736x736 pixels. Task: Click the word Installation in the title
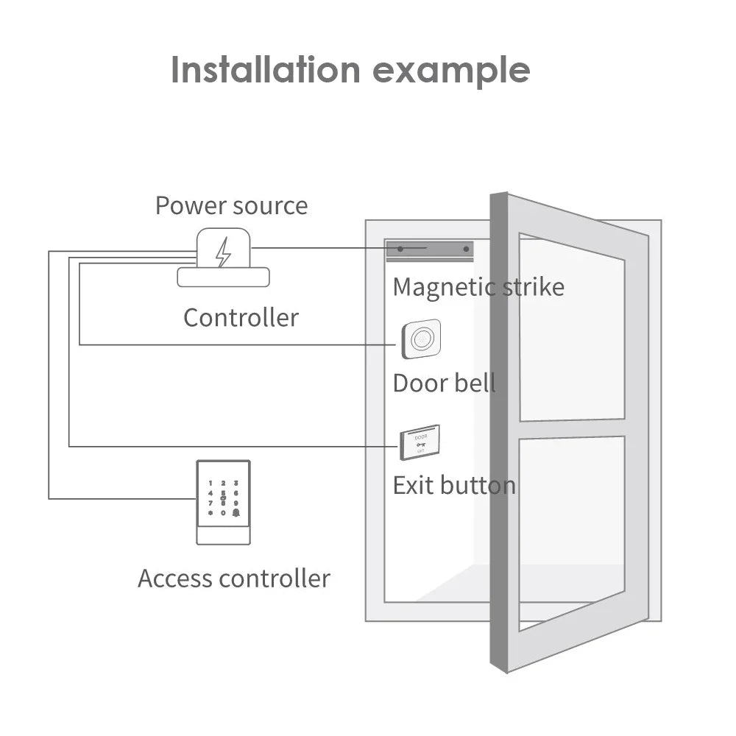pyautogui.click(x=266, y=70)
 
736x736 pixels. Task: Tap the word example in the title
pyautogui.click(x=451, y=71)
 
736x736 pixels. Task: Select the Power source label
pyautogui.click(x=231, y=205)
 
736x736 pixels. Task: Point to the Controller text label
pyautogui.click(x=241, y=318)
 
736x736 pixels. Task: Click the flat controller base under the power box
pyautogui.click(x=223, y=277)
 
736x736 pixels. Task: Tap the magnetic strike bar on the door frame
pyautogui.click(x=430, y=250)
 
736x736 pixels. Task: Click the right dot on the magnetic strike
pyautogui.click(x=466, y=250)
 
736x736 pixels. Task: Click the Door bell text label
pyautogui.click(x=444, y=383)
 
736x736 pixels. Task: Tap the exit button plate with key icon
pyautogui.click(x=420, y=442)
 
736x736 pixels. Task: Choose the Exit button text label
pyautogui.click(x=453, y=486)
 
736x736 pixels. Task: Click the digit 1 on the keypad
pyautogui.click(x=210, y=484)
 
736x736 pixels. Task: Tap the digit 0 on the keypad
pyautogui.click(x=223, y=512)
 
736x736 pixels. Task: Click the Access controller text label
pyautogui.click(x=233, y=578)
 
